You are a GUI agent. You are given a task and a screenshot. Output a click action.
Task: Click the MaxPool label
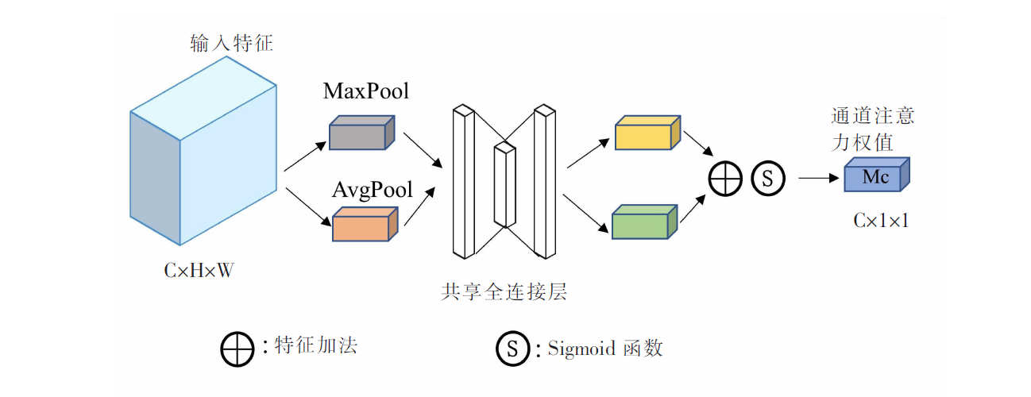366,91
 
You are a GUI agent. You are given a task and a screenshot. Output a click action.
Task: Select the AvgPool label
372,191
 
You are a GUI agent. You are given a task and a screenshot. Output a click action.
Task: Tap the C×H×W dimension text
199,271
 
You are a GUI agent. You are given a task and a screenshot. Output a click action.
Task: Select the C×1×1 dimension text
881,221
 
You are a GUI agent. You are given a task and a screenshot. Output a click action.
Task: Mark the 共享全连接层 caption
504,292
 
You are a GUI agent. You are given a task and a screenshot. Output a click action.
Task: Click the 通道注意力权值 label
873,129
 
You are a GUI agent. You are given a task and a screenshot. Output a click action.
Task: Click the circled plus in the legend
237,349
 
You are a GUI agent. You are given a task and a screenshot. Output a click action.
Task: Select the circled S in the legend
513,349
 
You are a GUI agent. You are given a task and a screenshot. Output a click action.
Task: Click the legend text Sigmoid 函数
605,349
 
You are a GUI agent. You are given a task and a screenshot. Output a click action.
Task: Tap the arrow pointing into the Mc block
819,178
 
